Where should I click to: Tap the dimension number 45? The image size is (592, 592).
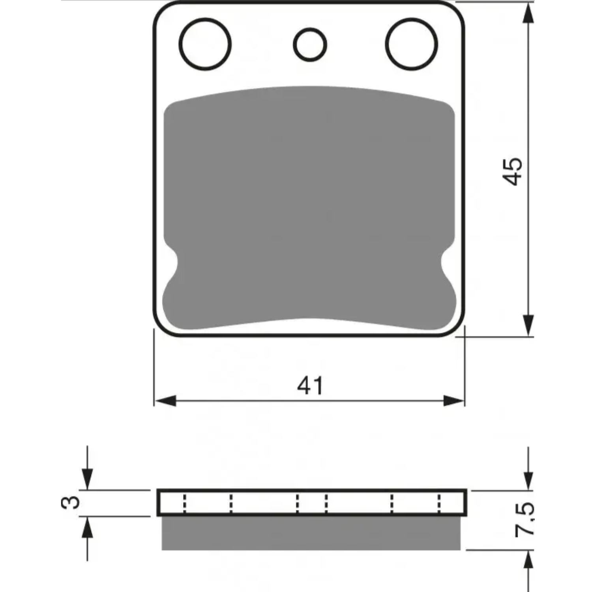[512, 171]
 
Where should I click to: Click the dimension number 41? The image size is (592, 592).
[310, 386]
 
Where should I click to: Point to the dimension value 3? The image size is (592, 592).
[71, 502]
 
